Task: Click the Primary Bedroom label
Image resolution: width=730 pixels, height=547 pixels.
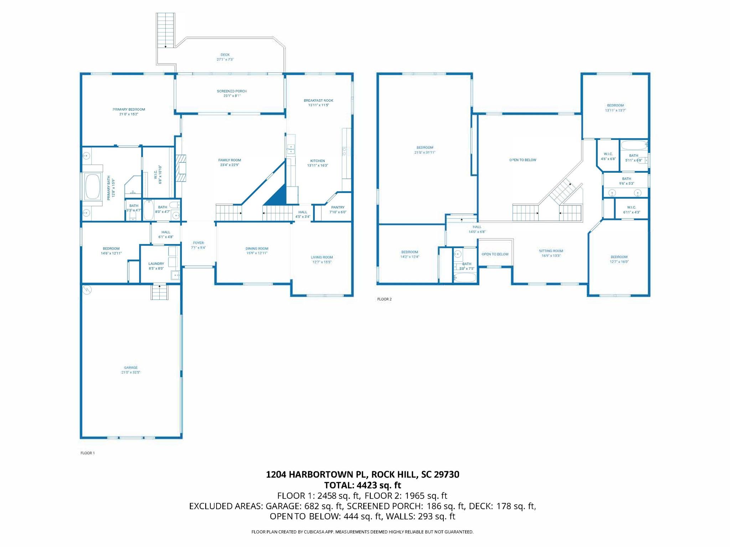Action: (129, 109)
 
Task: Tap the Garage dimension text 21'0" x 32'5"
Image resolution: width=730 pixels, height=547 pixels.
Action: (131, 373)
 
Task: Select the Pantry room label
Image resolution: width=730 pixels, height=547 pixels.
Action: (338, 207)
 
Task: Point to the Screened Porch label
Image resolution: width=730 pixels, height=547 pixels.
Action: (232, 91)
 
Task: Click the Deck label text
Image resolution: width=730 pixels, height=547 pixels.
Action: (225, 55)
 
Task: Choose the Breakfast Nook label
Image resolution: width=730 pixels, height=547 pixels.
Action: (318, 100)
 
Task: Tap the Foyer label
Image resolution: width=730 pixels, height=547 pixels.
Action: (198, 243)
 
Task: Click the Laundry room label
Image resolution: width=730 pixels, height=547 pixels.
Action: (156, 264)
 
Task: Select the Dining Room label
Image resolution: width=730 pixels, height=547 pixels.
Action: (257, 249)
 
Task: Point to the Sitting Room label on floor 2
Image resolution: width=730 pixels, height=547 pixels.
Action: (551, 251)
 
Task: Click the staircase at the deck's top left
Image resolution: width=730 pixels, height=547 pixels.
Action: (165, 30)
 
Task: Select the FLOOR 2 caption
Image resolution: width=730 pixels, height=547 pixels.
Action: (384, 299)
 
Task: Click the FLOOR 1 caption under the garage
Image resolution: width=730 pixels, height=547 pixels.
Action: (87, 453)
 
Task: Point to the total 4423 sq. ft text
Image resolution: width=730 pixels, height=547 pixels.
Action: (363, 485)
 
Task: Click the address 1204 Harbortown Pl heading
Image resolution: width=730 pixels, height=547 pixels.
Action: (363, 474)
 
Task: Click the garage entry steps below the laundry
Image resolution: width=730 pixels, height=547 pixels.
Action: (159, 292)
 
